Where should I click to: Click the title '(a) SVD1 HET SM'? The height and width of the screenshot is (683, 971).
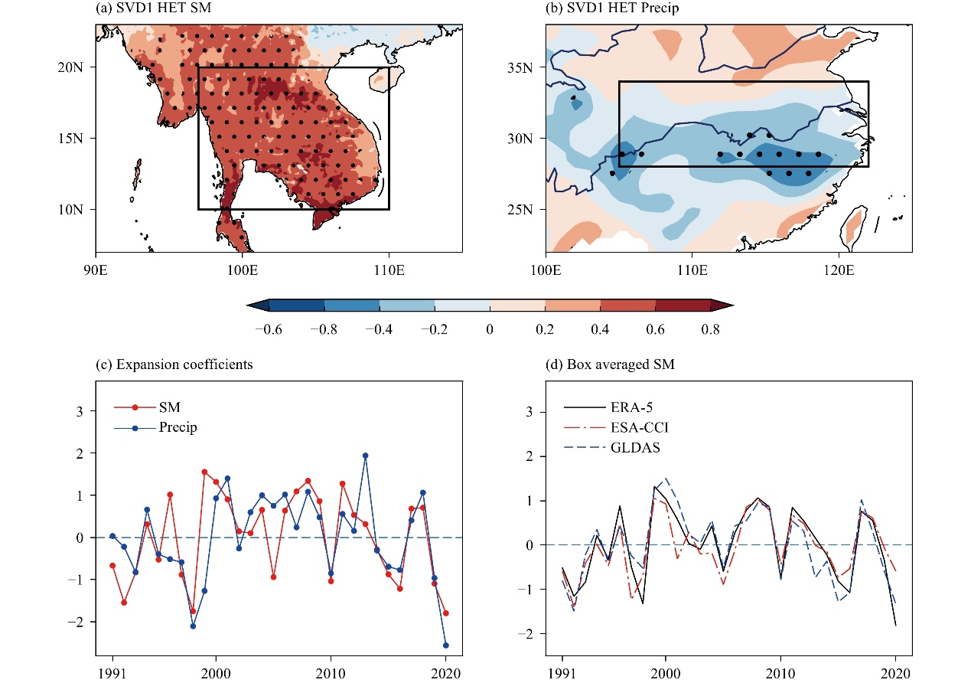point(154,8)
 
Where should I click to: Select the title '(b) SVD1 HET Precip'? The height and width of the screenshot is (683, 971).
point(612,8)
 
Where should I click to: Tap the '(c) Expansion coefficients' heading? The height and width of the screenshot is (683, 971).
point(174,364)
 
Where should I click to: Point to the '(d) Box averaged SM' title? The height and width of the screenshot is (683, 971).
point(610,364)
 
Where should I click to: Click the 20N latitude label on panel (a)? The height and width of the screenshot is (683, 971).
point(70,67)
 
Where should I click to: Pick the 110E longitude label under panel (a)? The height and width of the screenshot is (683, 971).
point(389,270)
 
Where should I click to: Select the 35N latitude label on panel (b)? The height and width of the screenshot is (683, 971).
point(520,67)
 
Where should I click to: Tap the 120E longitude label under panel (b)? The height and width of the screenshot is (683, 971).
point(839,270)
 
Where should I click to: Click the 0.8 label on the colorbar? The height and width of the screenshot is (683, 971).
point(711,329)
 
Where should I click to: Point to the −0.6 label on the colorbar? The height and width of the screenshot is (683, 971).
point(269,329)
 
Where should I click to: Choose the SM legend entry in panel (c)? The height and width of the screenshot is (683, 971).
point(147,407)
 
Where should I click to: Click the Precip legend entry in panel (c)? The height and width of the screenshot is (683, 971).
point(155,428)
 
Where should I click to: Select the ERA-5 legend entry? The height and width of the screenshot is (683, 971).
point(608,407)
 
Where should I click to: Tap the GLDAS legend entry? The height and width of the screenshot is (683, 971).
point(611,447)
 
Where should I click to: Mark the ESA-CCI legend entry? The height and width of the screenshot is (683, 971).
point(616,427)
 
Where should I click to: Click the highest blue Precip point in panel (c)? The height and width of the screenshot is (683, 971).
point(366,456)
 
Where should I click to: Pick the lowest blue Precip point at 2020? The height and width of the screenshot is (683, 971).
point(446,645)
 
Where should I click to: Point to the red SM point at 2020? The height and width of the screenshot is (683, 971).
point(446,613)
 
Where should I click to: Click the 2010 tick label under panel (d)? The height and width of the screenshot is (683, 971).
point(780,674)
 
